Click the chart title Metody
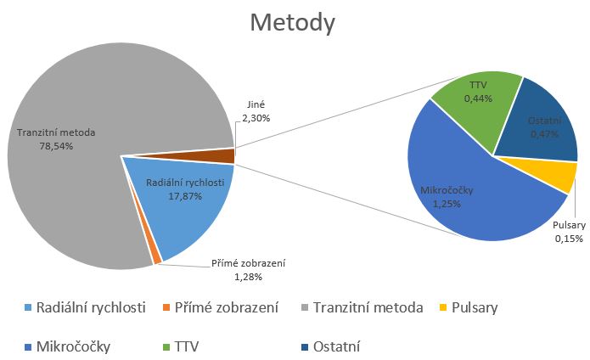pyautogui.click(x=292, y=23)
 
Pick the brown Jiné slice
pyautogui.click(x=211, y=155)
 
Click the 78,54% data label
pyautogui.click(x=56, y=146)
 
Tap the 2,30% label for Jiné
pyautogui.click(x=256, y=118)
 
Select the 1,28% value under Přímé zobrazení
pyautogui.click(x=248, y=278)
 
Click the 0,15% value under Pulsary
pyautogui.click(x=569, y=239)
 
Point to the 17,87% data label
pyautogui.click(x=185, y=196)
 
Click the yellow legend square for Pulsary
pyautogui.click(x=443, y=307)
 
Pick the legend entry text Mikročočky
pyautogui.click(x=73, y=346)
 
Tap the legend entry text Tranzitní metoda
pyautogui.click(x=368, y=307)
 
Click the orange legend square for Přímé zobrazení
pyautogui.click(x=166, y=307)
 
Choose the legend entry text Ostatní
pyautogui.click(x=337, y=346)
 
